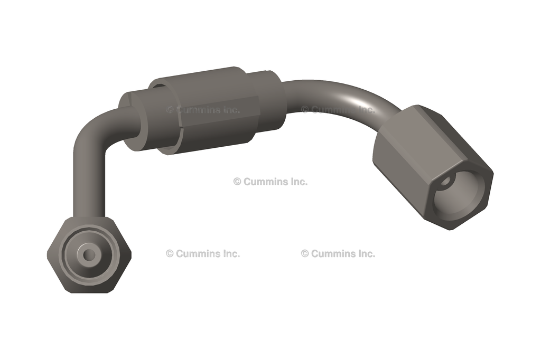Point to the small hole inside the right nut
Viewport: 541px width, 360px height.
pos(446,182)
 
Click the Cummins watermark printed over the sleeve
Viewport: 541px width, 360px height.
pos(203,110)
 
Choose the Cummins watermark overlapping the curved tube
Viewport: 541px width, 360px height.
pos(338,110)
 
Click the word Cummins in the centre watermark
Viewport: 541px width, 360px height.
pos(266,182)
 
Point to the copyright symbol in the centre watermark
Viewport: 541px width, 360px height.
pos(237,182)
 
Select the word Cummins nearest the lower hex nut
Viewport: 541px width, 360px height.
pos(198,253)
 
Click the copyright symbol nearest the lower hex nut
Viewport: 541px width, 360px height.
pos(170,253)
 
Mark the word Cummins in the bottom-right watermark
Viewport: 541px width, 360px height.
pos(333,253)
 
